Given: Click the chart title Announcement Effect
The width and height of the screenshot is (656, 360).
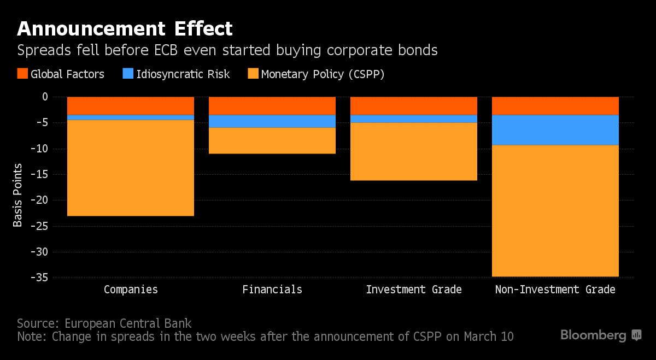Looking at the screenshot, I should tap(125, 28).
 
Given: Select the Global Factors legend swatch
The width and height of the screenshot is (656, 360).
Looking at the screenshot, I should tap(22, 74).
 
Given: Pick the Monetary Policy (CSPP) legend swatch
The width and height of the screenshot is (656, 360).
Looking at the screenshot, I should tap(253, 74).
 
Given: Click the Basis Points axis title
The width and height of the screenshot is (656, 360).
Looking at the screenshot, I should tap(18, 194).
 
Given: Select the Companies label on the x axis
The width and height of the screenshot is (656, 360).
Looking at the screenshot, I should tap(131, 290).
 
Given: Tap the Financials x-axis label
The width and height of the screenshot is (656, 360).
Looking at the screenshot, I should tap(272, 290).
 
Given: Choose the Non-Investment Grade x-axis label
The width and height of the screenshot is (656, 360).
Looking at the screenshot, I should tap(555, 290).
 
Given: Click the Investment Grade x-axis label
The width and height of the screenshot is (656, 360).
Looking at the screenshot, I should tap(414, 290).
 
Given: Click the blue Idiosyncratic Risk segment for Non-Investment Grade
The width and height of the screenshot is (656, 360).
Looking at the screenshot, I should tap(555, 130).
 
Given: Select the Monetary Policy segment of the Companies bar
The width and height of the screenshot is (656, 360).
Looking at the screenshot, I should tap(131, 168).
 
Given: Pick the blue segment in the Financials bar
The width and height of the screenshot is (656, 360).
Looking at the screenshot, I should tap(272, 121).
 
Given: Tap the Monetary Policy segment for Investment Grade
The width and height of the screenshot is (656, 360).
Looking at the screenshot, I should tap(414, 151).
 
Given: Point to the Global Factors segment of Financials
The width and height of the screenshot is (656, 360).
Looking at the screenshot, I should tap(272, 106).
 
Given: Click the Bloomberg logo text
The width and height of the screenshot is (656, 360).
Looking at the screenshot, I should tap(593, 335).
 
